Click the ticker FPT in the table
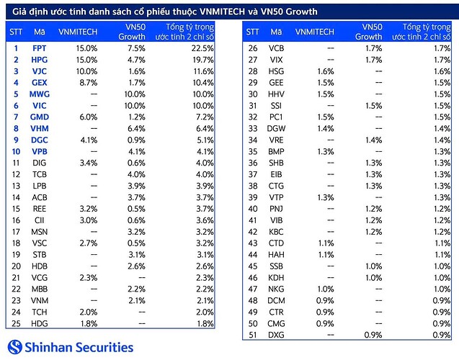point(40,48)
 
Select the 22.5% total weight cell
point(202,48)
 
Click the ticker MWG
point(40,94)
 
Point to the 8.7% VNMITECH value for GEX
point(87,82)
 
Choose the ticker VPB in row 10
point(40,151)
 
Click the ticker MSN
point(40,232)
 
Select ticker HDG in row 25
point(40,324)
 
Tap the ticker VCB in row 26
point(276,48)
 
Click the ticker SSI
point(276,105)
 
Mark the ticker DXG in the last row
point(276,336)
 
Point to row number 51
point(252,336)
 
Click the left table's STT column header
point(16,32)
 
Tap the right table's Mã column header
point(276,32)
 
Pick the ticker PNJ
point(276,209)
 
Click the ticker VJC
point(40,71)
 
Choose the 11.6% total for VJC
point(202,71)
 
